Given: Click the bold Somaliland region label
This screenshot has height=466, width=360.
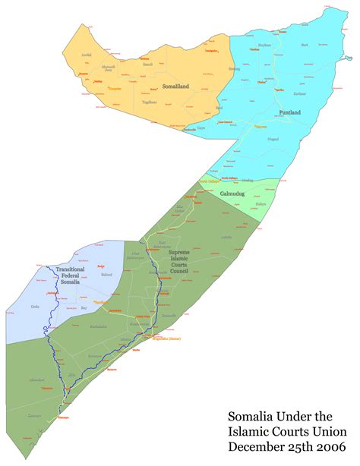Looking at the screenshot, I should [x=175, y=87].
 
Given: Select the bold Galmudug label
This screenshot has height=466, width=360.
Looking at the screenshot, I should [x=232, y=194].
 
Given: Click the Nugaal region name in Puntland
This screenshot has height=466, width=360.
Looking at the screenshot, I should [x=273, y=140].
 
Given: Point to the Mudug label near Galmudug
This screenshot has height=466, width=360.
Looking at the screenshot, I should [x=260, y=203].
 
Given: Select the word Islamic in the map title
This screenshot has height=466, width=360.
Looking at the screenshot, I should [x=249, y=430].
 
